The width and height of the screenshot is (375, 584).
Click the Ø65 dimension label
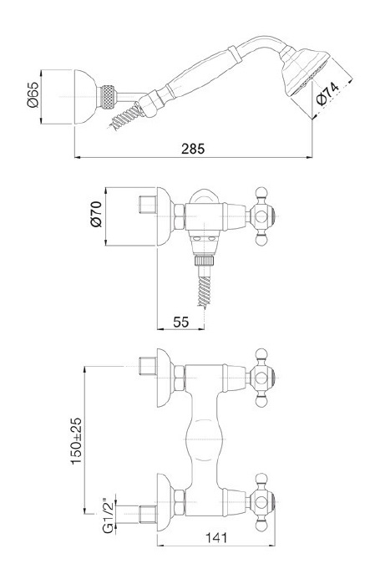coord(33,95)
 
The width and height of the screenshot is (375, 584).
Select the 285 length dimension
coord(193,149)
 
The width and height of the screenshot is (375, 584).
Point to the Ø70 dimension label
coord(96,214)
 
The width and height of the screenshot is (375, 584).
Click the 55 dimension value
coord(181,322)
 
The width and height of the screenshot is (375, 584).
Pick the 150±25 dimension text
coord(76,440)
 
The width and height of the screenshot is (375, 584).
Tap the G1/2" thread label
coord(108,515)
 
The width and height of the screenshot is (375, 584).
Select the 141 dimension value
coord(216,537)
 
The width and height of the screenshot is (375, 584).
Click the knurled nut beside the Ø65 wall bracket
coord(108,97)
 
